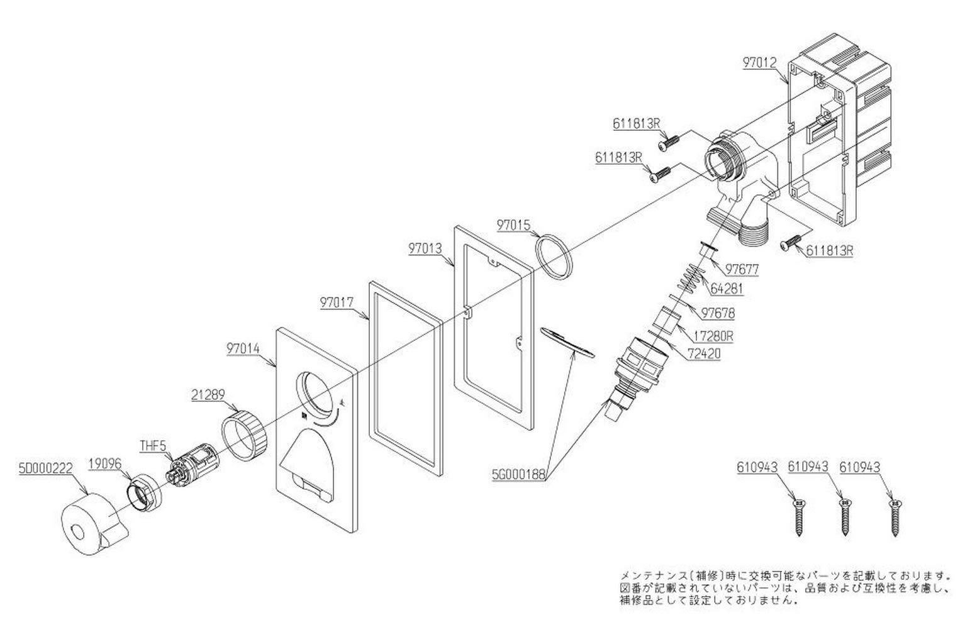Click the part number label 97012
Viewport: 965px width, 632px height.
(x=760, y=63)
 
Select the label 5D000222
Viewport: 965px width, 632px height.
(x=47, y=468)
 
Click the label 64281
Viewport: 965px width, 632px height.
(x=727, y=289)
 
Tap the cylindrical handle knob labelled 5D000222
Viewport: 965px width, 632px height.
(x=92, y=525)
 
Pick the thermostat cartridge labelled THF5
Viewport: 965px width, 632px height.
(x=187, y=463)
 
